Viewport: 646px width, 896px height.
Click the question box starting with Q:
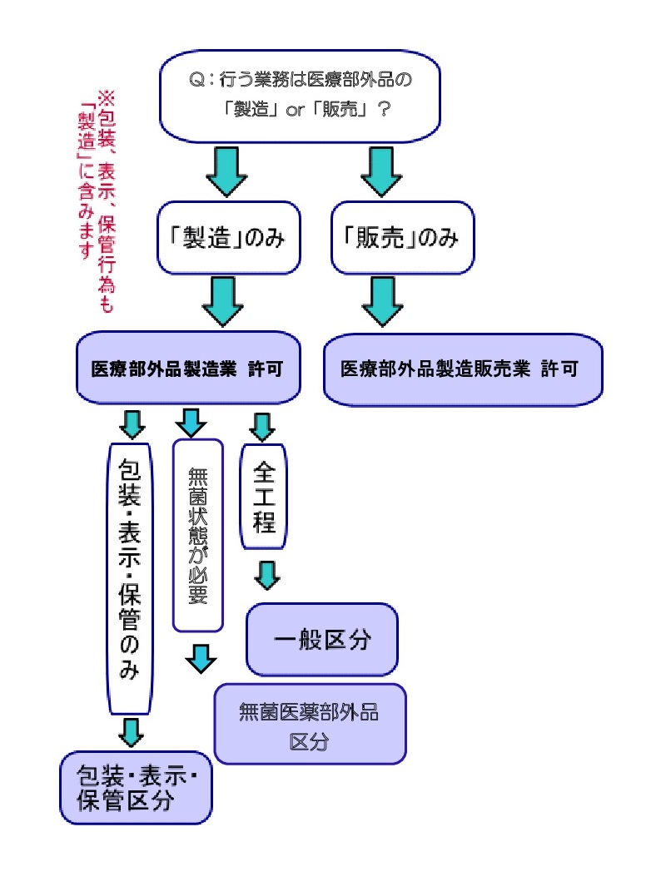300,96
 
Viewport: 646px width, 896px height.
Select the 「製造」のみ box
227,238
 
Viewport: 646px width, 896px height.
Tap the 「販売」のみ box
401,238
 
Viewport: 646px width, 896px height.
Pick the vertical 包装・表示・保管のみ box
132,577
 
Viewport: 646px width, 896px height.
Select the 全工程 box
263,496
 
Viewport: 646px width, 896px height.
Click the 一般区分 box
321,640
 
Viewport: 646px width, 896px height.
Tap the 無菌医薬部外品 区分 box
310,724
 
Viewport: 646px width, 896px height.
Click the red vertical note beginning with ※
96,200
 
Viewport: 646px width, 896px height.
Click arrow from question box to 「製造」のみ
226,171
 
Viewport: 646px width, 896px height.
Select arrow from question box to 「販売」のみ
383,171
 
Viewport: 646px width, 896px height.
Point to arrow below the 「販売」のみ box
384,301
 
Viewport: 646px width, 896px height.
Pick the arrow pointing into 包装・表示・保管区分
132,732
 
